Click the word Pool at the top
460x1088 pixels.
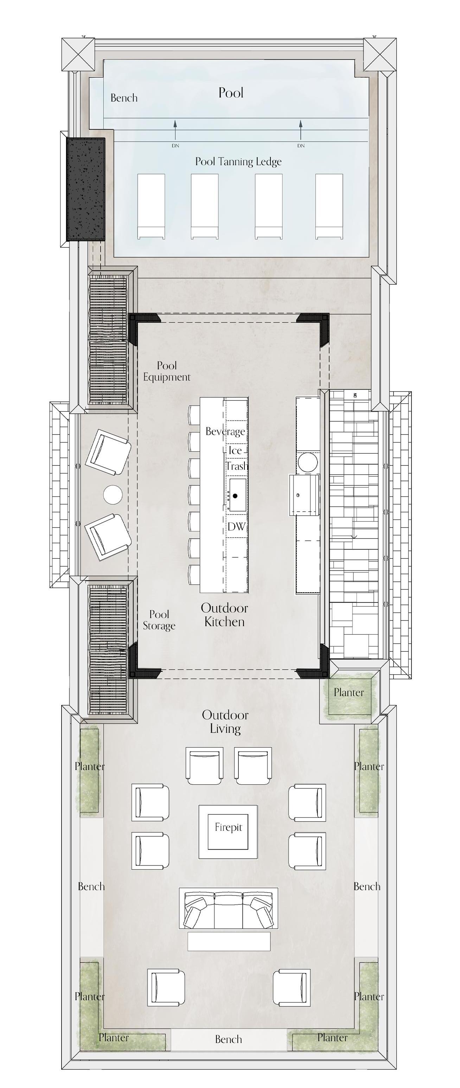coord(231,93)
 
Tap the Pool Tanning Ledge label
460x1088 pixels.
coord(238,162)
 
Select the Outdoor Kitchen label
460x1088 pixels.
coord(224,615)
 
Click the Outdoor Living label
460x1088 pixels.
coord(225,722)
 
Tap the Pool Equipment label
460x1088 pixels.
coord(167,371)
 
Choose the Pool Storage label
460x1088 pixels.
coord(159,620)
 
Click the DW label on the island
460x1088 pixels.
coord(236,527)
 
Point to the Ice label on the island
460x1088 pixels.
coord(235,451)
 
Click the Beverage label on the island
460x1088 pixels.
coord(225,432)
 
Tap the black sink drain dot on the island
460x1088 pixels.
coord(235,495)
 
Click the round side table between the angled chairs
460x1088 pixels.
coord(113,495)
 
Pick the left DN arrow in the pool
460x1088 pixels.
coord(175,130)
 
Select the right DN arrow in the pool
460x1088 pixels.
coord(301,130)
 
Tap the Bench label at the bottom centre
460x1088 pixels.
coord(229,1039)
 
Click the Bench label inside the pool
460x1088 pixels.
coord(124,98)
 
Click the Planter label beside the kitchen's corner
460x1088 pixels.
coord(349,692)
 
